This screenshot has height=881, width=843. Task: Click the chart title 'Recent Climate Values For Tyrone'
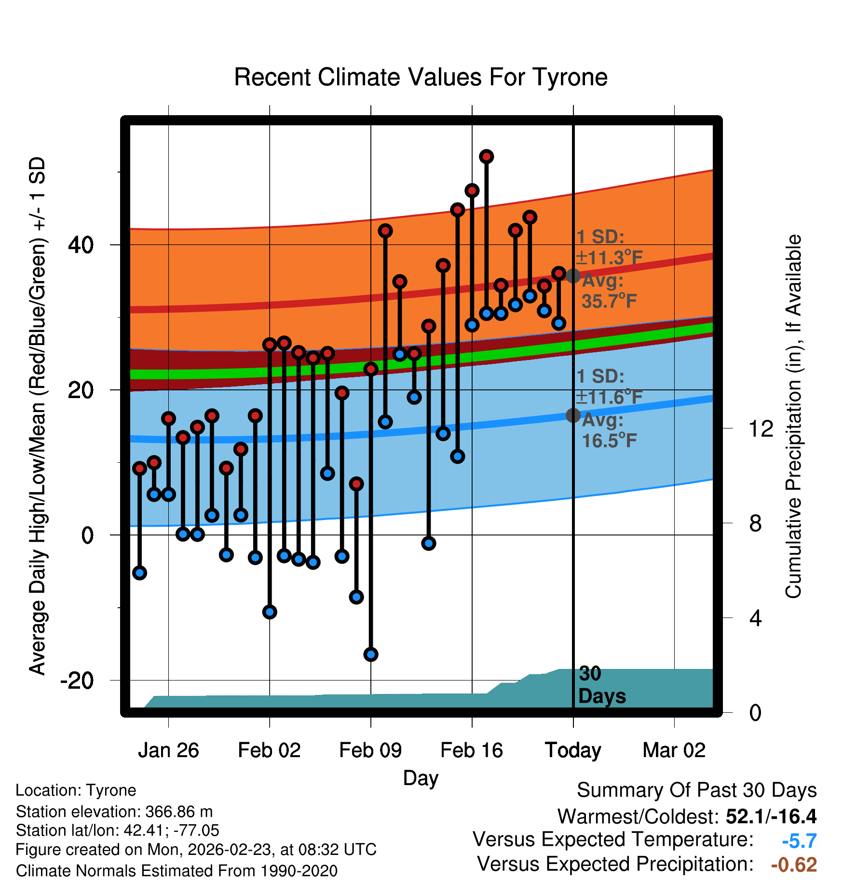click(x=421, y=77)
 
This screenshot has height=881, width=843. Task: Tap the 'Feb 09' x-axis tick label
click(x=370, y=750)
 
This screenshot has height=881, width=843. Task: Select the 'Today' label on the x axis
click(x=573, y=750)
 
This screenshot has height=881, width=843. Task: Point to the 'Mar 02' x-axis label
click(x=674, y=750)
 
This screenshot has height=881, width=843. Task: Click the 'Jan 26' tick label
click(x=168, y=750)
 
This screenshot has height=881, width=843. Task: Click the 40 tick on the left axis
click(x=81, y=245)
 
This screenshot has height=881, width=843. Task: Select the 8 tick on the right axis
click(x=755, y=523)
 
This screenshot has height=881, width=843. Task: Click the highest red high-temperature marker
click(x=486, y=157)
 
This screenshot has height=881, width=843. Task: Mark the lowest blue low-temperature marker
click(x=371, y=654)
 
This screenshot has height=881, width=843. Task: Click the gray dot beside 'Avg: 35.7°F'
click(x=573, y=276)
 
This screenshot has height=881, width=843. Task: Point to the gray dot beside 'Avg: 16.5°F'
click(x=573, y=415)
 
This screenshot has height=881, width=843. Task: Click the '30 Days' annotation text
click(x=601, y=685)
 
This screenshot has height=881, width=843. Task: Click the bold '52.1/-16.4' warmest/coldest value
click(x=771, y=816)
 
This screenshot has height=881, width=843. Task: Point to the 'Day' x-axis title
click(x=421, y=778)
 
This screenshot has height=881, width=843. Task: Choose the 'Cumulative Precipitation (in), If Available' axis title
click(x=793, y=416)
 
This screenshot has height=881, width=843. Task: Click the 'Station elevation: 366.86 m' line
click(x=114, y=812)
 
